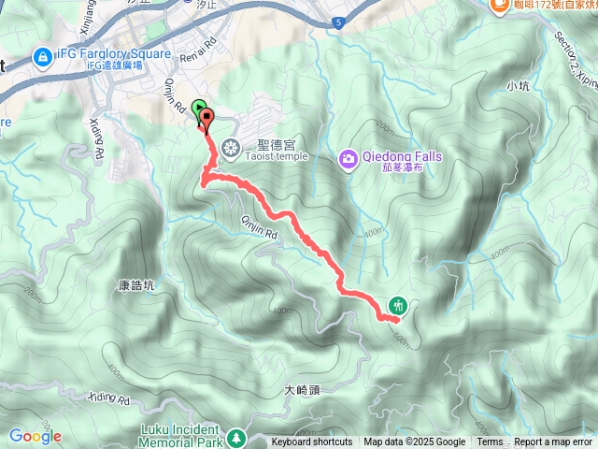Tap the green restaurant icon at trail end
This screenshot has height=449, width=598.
pos(398,305)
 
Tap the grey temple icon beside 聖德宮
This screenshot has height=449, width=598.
pos(232,146)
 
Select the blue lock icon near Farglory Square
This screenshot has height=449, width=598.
pos(41,58)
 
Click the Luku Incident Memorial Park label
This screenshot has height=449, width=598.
pos(173,436)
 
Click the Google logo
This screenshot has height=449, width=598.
pos(36,436)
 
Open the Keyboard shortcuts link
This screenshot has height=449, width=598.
pos(312,442)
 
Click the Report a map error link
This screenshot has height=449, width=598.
pos(554,442)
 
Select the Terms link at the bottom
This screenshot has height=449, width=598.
pos(490,442)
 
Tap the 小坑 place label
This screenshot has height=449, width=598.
pos(518,86)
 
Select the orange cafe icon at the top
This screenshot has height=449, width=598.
pos(497,5)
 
